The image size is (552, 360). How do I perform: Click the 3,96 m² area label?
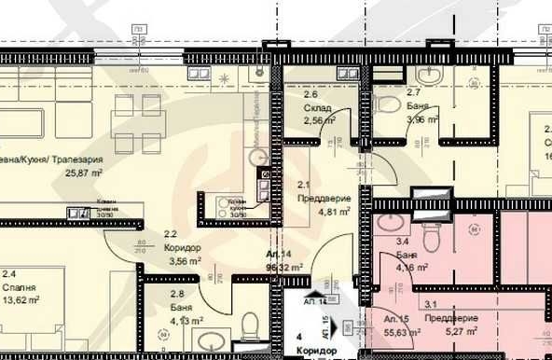click(422, 119)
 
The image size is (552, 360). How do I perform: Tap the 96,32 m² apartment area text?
click(285, 267)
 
